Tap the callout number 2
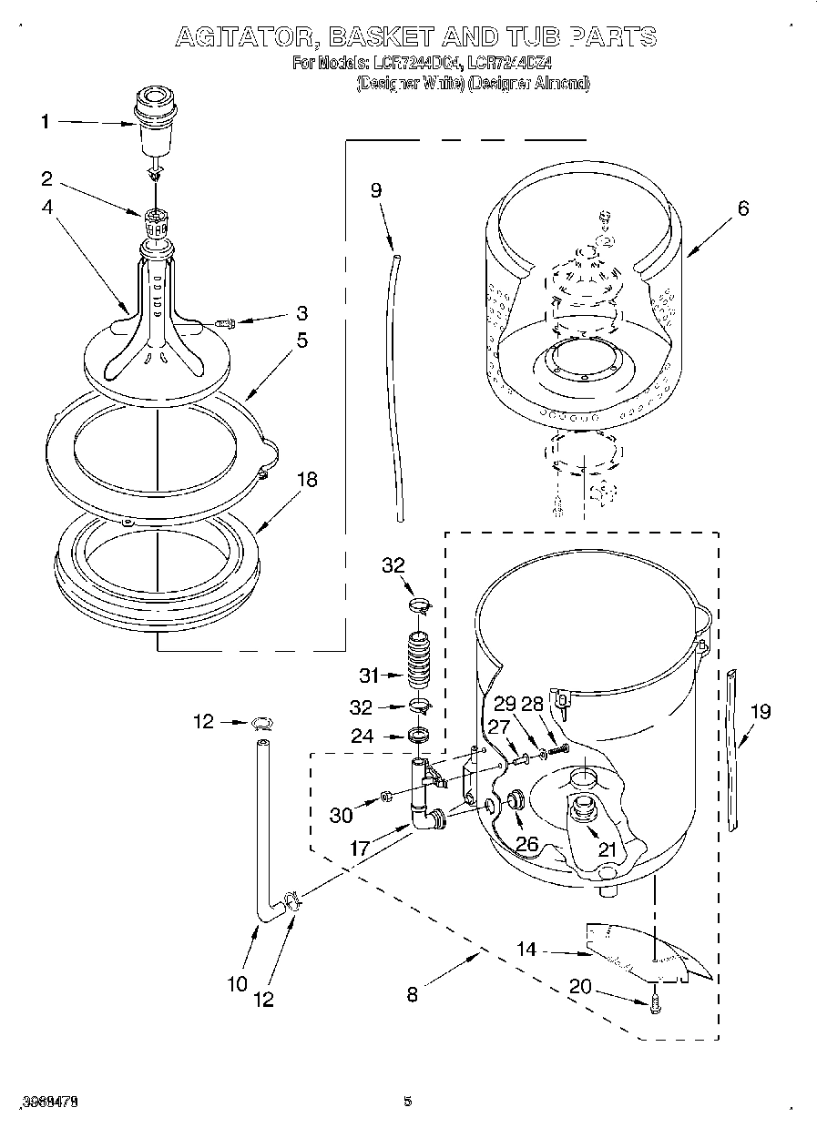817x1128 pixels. coord(46,178)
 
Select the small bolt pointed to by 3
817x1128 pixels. coord(224,322)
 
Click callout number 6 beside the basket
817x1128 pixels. coord(743,208)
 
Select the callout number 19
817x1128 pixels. coord(759,711)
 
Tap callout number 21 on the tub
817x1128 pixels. coord(607,849)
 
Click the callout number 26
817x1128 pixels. coord(526,843)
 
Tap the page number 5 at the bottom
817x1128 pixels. coord(408,1102)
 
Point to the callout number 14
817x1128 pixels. coord(526,950)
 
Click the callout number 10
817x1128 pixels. coord(237,983)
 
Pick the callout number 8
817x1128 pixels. coord(412,994)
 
